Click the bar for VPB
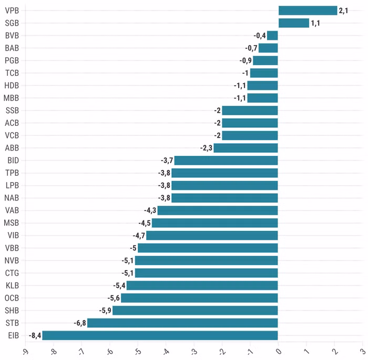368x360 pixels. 308,11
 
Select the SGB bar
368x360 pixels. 293,23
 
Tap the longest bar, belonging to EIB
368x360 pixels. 160,335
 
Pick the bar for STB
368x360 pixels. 182,323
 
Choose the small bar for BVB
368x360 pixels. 272,35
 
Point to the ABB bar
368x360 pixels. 246,148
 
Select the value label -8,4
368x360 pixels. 35,335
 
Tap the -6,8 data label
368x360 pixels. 79,323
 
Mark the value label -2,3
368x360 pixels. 206,148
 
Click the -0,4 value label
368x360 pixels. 259,35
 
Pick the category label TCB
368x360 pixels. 12,73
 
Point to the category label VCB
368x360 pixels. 12,135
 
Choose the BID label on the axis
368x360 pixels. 13,161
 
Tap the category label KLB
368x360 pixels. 12,285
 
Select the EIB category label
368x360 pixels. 13,335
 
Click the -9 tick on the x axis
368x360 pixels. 24,351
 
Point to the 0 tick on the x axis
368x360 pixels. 278,350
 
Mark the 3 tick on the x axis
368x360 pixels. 362,350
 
